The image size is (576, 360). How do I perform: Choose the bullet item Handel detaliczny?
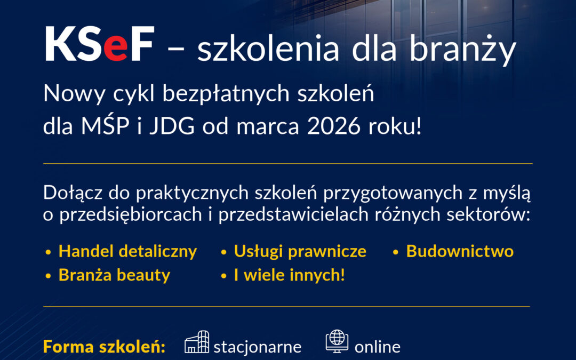point(127,251)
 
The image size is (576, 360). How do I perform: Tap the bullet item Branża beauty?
point(114,275)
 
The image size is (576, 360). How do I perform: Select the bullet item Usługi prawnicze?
point(300,251)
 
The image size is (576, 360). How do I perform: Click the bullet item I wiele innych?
point(289,275)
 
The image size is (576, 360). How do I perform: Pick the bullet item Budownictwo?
point(460,251)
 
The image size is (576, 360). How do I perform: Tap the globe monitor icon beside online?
point(337,341)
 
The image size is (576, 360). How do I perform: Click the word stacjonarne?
point(258,347)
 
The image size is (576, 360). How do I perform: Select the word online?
point(378,347)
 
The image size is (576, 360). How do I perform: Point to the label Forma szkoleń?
point(104,347)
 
